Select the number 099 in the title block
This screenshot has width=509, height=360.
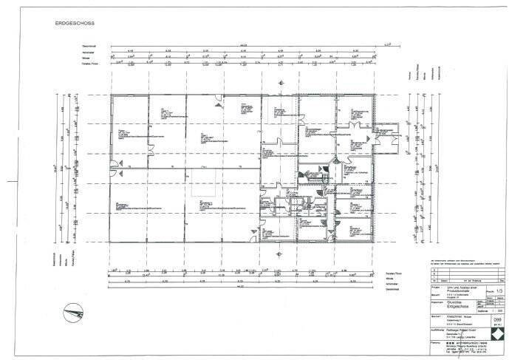(x=499, y=310)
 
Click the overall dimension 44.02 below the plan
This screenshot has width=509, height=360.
(x=238, y=287)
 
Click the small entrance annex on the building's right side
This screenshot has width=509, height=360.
(x=387, y=138)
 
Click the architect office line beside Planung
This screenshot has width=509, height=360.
(x=465, y=344)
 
